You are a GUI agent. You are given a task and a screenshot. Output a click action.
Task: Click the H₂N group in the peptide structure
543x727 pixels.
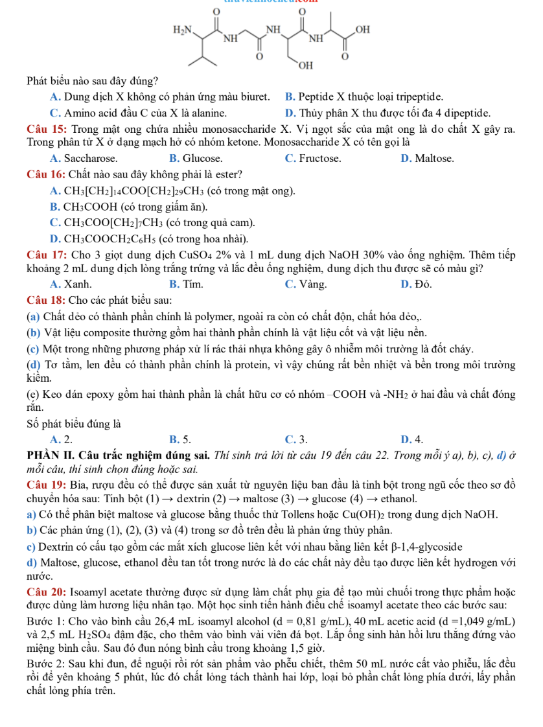coord(183,30)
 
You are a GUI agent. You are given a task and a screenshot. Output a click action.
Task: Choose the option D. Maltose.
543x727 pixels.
coord(427,157)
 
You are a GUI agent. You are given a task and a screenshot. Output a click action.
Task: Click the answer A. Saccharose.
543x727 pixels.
coord(83,157)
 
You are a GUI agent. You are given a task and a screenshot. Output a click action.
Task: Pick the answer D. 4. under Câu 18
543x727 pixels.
coord(412,441)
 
